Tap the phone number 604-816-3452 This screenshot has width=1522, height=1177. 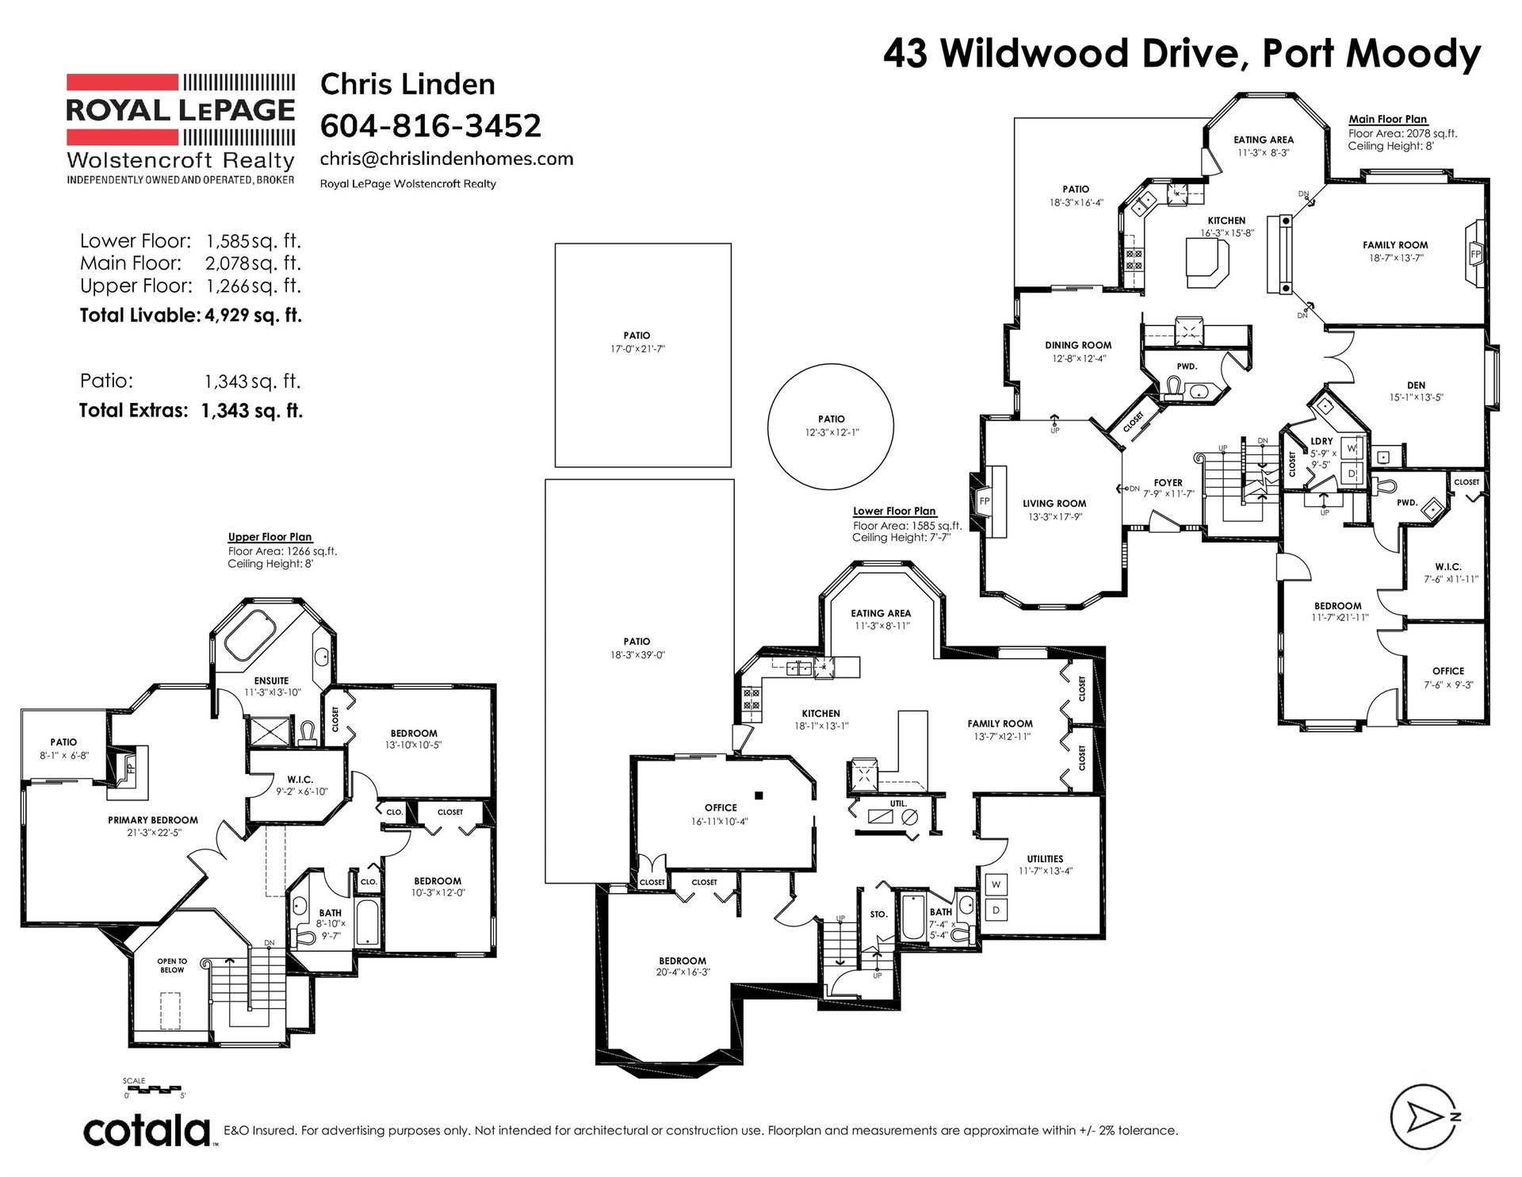pos(430,125)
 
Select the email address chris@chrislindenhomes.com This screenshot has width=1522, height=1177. pos(446,159)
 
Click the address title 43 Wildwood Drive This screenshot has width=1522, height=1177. pos(1061,54)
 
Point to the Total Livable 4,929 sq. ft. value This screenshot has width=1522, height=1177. pos(253,315)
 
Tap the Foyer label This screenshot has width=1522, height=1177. pos(1168,482)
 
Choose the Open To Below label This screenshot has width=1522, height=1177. pos(172,965)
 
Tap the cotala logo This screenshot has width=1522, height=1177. pos(147,1131)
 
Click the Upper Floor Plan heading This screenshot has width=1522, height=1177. pos(270,537)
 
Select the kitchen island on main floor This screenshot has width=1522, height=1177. pos(1207,263)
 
